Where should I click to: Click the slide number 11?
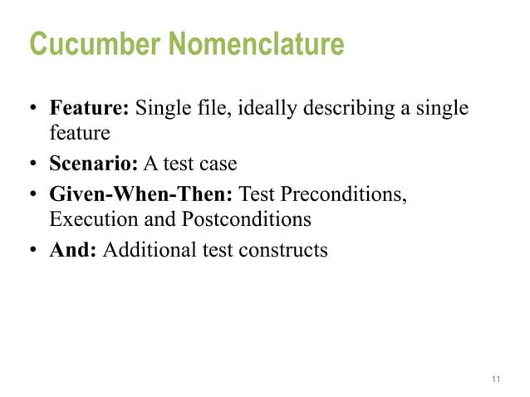pyautogui.click(x=496, y=380)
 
